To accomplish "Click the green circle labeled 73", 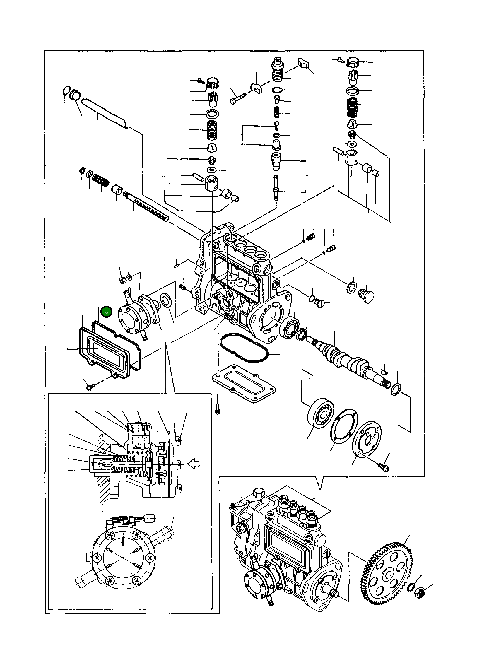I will (x=106, y=313).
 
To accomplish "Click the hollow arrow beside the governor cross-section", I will (x=193, y=464).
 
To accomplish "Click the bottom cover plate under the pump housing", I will (x=245, y=384).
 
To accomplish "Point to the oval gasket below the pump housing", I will (x=243, y=348).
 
